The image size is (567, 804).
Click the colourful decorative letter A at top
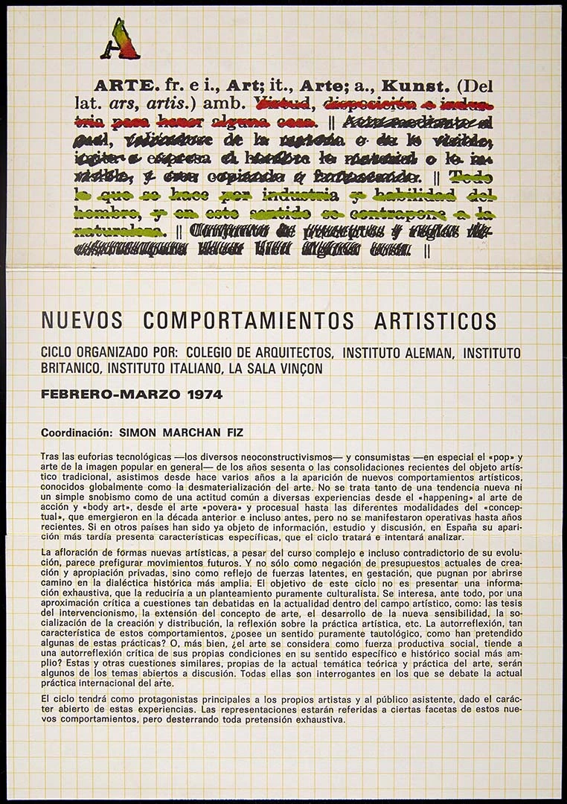point(120,39)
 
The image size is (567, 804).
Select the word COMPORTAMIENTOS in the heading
point(249,321)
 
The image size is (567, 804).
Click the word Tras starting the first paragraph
point(50,454)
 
